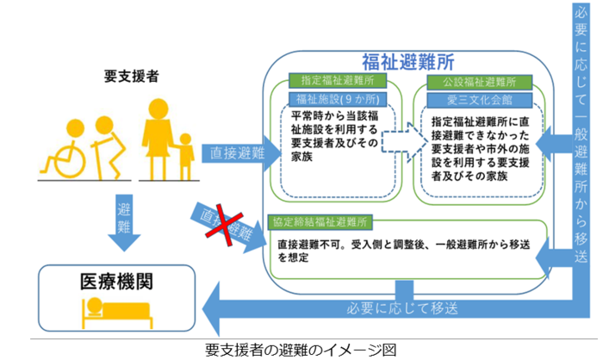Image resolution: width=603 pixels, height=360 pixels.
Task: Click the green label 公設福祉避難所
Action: tap(472, 81)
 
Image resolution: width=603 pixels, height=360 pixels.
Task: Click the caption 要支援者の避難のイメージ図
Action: tap(301, 349)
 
